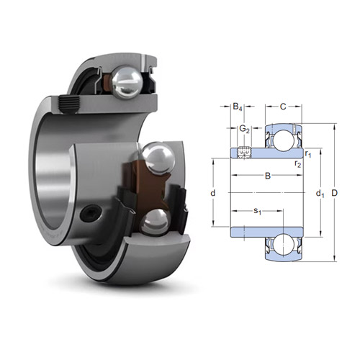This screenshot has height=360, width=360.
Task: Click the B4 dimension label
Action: pos(237,107)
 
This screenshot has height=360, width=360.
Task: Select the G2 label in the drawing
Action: pos(244,130)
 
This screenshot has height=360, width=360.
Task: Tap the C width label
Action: pos(283,107)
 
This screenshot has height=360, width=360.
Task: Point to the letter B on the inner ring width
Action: pos(268,175)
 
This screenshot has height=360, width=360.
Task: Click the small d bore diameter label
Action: pos(214,194)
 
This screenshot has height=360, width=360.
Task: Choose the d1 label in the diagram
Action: pos(319,193)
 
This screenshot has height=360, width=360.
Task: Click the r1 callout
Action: pos(307,153)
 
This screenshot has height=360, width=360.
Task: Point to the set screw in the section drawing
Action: pos(244,152)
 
